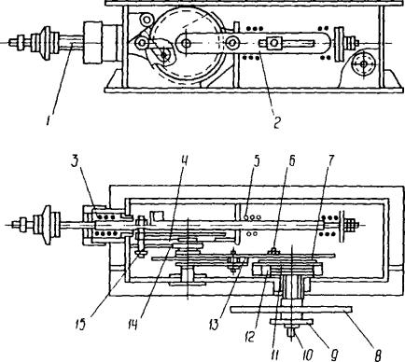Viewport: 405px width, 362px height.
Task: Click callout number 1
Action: pyautogui.click(x=49, y=119)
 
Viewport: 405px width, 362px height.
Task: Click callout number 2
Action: pyautogui.click(x=276, y=123)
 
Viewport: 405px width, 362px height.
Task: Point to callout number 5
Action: pyautogui.click(x=256, y=160)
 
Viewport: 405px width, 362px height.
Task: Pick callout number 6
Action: pyautogui.click(x=291, y=160)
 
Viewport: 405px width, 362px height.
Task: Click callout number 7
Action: pyautogui.click(x=330, y=160)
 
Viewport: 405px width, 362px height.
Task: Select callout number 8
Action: pyautogui.click(x=378, y=355)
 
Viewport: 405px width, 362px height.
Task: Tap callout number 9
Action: pyautogui.click(x=334, y=355)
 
